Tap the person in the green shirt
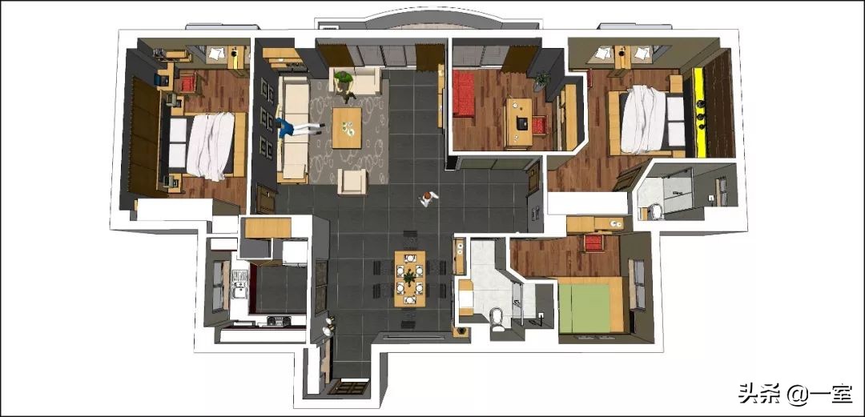click(344, 84)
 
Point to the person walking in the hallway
click(428, 198)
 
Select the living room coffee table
click(347, 127)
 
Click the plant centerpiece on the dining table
click(409, 276)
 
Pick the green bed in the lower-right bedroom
click(585, 307)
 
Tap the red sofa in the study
click(464, 94)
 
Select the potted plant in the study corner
click(541, 81)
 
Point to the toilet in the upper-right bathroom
click(657, 211)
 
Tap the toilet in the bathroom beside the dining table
click(497, 319)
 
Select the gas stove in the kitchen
click(280, 320)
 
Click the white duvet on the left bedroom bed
click(210, 146)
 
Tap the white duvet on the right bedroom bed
click(643, 118)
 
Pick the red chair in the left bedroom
click(188, 83)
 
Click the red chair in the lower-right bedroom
click(593, 243)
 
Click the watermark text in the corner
click(795, 394)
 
